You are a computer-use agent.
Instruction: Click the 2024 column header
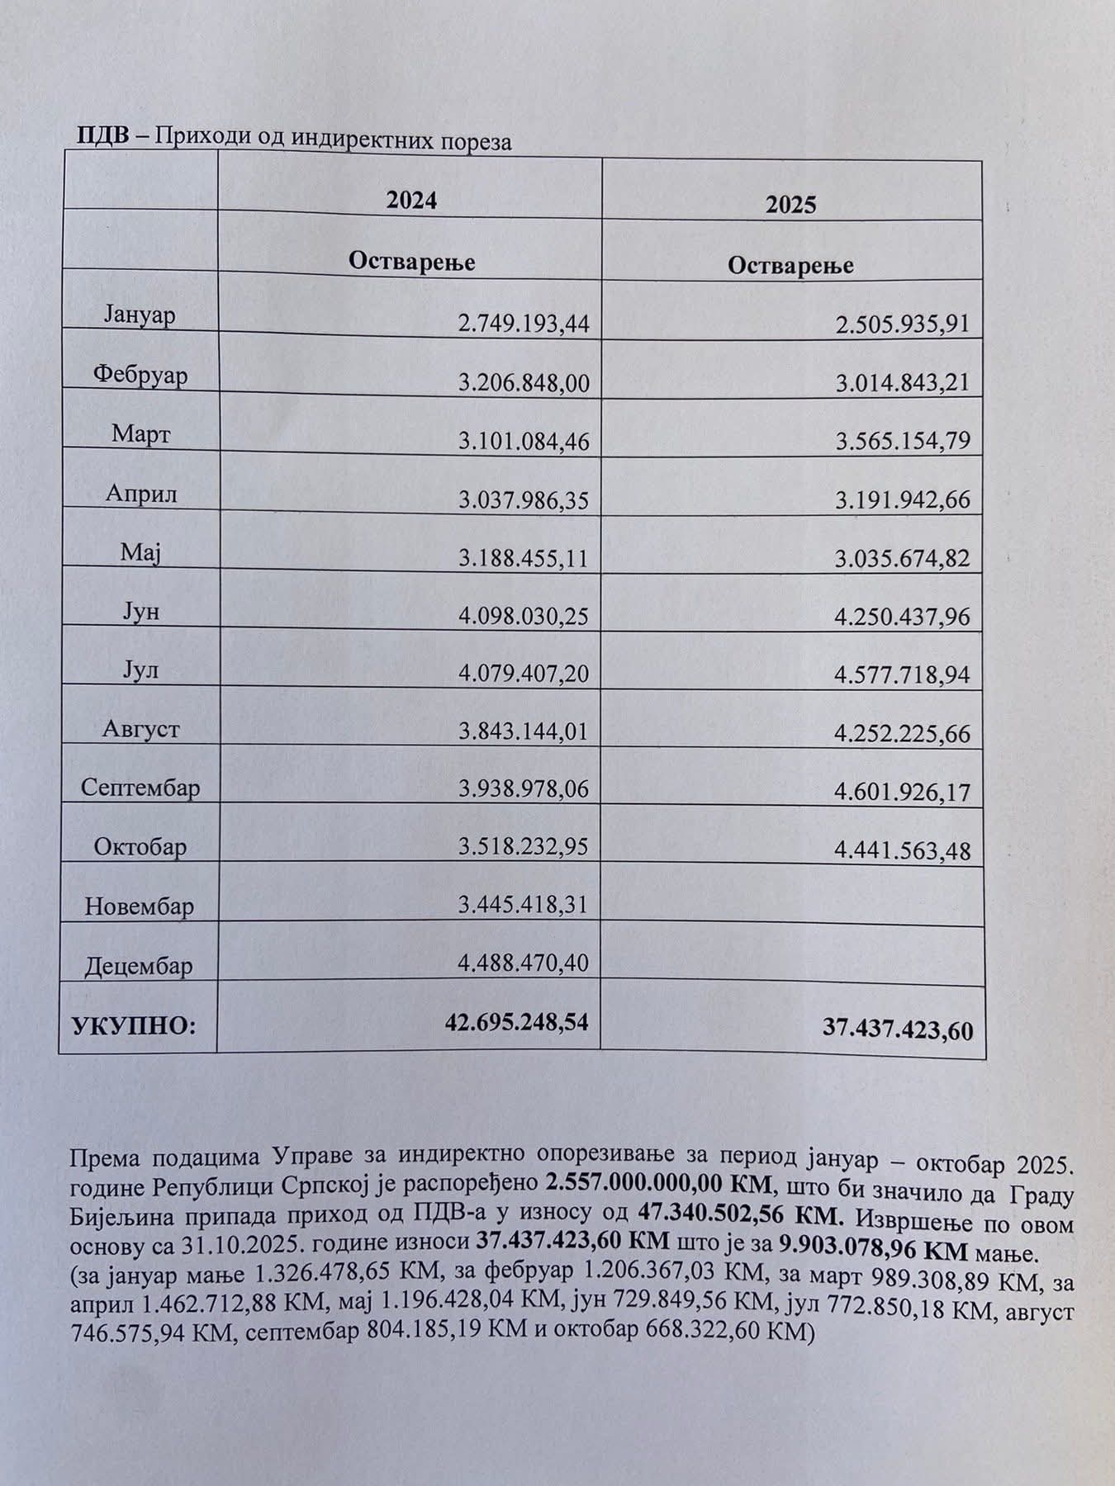point(411,201)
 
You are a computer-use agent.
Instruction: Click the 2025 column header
point(790,205)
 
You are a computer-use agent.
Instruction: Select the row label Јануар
point(140,316)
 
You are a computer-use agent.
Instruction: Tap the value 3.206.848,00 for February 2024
point(523,383)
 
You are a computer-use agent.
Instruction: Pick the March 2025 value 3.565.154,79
point(903,441)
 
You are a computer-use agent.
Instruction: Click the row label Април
point(141,494)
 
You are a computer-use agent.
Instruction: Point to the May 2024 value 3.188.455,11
point(523,559)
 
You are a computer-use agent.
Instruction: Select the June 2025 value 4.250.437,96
point(903,618)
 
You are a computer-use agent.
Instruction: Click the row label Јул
point(140,670)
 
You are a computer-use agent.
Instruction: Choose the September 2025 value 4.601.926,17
point(903,793)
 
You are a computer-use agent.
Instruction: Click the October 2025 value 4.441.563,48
point(903,850)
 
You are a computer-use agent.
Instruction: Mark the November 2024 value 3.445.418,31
point(523,905)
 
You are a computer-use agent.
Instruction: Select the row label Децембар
point(139,966)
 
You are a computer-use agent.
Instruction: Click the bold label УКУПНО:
point(135,1026)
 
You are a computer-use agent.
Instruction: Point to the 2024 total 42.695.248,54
point(517,1022)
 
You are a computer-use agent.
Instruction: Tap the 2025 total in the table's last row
point(898,1029)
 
